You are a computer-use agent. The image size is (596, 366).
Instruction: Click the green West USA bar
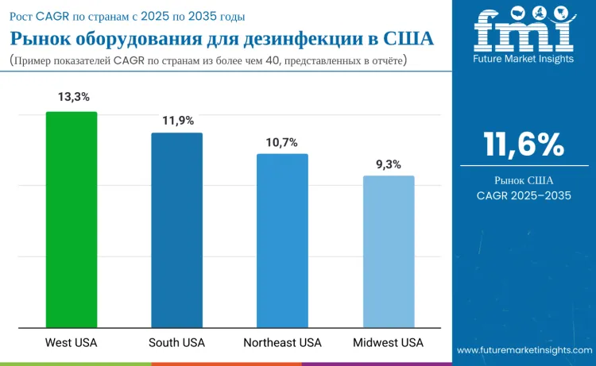click(x=72, y=219)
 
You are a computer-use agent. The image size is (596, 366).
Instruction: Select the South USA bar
click(x=176, y=230)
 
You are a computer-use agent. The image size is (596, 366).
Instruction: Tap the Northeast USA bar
click(x=282, y=241)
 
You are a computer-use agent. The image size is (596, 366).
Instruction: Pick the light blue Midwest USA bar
click(x=389, y=252)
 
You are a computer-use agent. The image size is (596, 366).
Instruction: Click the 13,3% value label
click(x=72, y=97)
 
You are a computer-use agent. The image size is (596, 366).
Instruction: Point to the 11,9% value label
click(x=177, y=121)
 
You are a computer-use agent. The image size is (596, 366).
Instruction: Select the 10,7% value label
click(x=282, y=142)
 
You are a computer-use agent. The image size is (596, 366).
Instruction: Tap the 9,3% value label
click(x=389, y=164)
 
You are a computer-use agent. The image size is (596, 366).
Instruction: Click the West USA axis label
click(x=72, y=343)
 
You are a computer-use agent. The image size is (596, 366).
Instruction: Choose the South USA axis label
click(x=176, y=343)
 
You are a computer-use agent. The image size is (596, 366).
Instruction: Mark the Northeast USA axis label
click(x=282, y=343)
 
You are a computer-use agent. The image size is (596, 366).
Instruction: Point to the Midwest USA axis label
click(x=389, y=343)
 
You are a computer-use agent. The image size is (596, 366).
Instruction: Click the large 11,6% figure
click(x=524, y=144)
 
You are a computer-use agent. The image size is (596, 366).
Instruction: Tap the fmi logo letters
click(x=524, y=30)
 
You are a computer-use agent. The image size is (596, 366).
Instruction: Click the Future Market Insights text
click(x=524, y=59)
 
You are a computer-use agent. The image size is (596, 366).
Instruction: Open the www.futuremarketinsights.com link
click(x=524, y=349)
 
